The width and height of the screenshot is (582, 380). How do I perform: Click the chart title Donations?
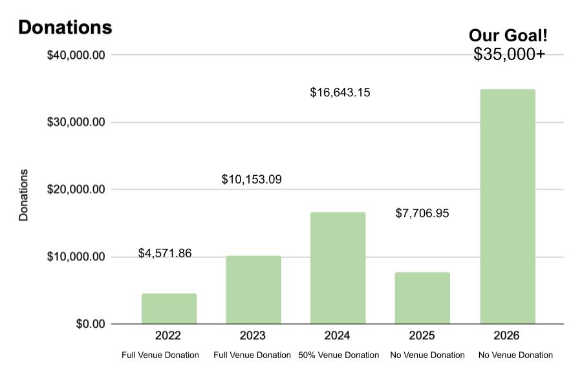pos(65,27)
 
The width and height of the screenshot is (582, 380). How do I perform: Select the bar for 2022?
pos(169,309)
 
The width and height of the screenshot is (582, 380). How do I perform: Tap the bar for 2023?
pos(253,290)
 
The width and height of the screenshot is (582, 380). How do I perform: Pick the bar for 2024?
pos(338,268)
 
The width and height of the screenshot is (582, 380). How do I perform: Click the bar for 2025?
pos(422,298)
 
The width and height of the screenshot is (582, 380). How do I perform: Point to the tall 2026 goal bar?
pos(508,207)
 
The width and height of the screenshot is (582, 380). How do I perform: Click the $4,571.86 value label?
pos(165,253)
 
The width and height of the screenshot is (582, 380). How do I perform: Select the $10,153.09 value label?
pos(252,179)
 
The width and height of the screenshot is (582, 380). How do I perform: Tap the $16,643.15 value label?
pos(340,92)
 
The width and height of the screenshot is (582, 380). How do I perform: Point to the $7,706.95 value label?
pos(422,213)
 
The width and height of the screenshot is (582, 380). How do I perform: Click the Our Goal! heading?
pos(508,36)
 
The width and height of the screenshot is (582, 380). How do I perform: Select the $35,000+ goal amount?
pos(510,54)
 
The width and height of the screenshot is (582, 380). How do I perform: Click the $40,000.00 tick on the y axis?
pos(76,56)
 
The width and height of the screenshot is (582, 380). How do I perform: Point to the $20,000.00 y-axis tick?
pos(76,189)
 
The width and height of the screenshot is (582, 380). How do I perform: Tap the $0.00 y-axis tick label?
pos(91,324)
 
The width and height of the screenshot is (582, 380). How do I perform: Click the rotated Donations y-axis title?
pos(23,195)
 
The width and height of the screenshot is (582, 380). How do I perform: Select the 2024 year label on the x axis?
pos(337,335)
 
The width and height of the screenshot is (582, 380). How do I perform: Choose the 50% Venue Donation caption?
pos(338,355)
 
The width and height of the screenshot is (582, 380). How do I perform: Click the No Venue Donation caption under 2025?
pos(427,355)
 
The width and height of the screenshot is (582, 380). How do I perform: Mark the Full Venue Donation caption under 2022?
pos(160,355)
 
